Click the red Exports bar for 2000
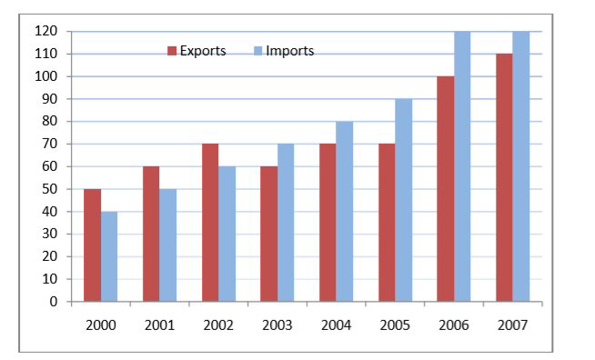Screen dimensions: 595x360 tap(92, 245)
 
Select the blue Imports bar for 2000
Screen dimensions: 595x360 tap(109, 256)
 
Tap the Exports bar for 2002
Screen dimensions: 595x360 tap(210, 223)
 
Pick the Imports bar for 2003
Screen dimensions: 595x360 tap(286, 223)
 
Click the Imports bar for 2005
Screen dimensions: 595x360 tap(403, 200)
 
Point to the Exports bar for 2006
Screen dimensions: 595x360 tap(446, 189)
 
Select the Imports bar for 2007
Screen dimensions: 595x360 tap(521, 166)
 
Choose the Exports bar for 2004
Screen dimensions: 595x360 tap(328, 223)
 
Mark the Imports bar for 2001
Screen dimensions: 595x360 tap(167, 245)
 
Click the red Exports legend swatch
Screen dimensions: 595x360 tap(172, 51)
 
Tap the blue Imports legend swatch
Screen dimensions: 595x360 tap(258, 51)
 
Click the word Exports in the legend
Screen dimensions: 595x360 tap(203, 51)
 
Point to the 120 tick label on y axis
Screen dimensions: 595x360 tap(45, 31)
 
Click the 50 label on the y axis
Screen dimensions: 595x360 tap(50, 189)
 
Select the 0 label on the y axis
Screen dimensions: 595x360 tap(54, 302)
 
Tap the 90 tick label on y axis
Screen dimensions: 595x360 tap(50, 99)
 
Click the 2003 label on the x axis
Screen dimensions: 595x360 tap(277, 325)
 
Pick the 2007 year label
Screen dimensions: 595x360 tap(512, 325)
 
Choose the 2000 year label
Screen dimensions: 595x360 tap(101, 325)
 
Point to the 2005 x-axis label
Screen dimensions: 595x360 tap(395, 325)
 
